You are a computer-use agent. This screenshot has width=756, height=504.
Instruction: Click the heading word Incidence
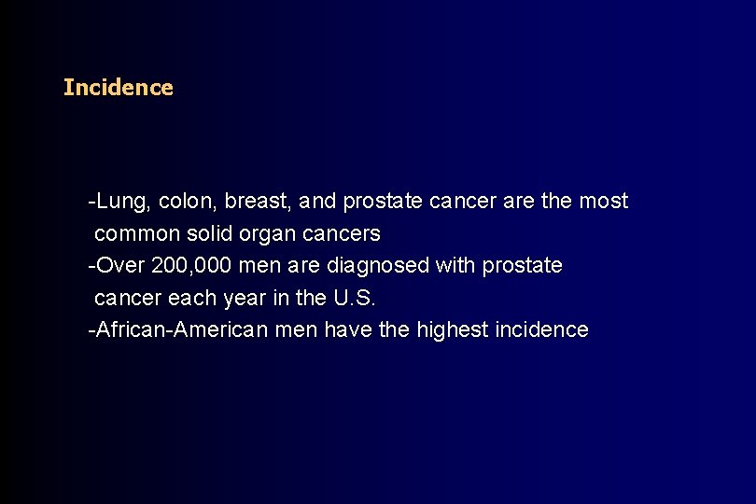coord(118,88)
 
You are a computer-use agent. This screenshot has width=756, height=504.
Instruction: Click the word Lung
coord(123,201)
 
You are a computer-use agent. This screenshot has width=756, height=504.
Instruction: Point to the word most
coord(603,201)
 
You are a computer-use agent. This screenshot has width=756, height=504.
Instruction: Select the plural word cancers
coord(347,233)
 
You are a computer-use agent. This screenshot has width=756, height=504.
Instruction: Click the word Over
coord(120,266)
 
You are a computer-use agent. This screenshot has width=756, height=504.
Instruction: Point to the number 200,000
coord(190,266)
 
